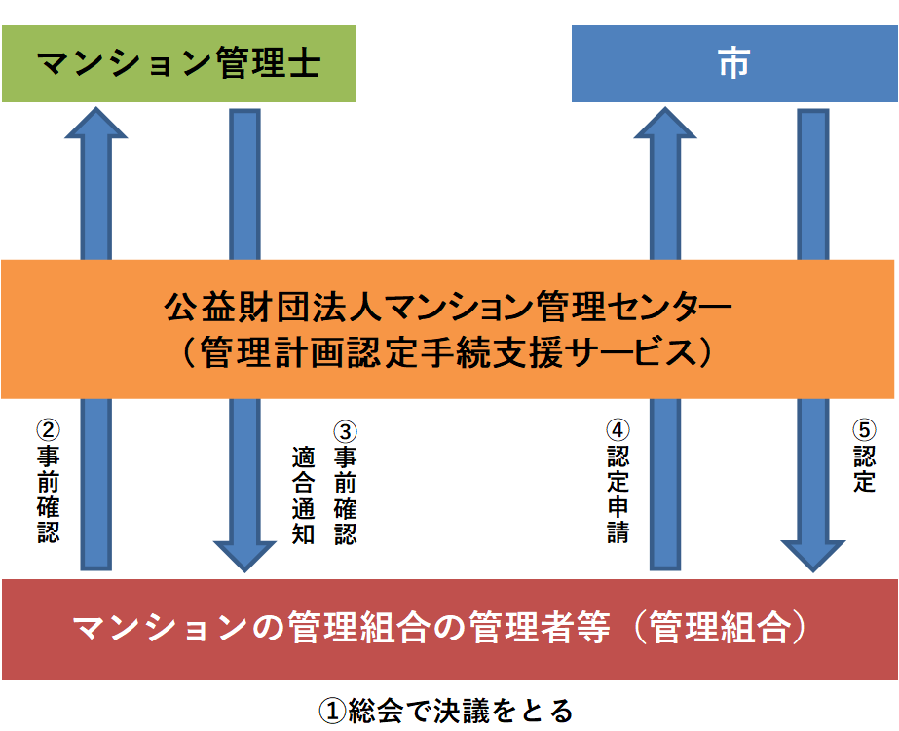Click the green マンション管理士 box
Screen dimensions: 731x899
click(177, 64)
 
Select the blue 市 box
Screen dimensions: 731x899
click(733, 64)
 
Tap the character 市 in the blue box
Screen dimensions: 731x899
click(733, 64)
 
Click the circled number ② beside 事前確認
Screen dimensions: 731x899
click(48, 429)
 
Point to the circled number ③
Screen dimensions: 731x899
click(345, 429)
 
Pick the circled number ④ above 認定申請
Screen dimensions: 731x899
click(618, 429)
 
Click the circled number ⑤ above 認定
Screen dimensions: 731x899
click(864, 429)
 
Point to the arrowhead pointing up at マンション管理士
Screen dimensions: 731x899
click(95, 123)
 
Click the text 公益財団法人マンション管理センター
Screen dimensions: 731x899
click(449, 310)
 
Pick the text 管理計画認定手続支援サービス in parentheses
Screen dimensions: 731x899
click(449, 352)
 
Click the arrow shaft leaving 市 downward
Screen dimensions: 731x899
click(813, 185)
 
